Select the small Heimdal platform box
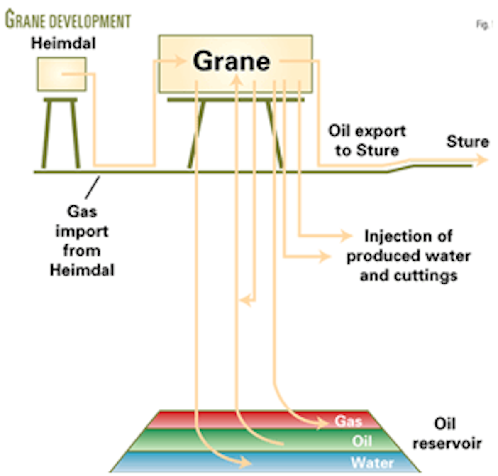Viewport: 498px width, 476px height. tap(62, 74)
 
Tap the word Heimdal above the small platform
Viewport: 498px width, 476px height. tap(63, 43)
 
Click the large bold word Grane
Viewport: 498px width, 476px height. tap(231, 62)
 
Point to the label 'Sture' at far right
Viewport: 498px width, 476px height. tap(467, 142)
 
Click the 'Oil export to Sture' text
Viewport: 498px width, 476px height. tap(367, 141)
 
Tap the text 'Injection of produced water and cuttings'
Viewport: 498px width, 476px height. tap(409, 256)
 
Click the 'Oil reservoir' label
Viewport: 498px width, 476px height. tap(447, 434)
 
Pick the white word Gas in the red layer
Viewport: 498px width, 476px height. tap(349, 421)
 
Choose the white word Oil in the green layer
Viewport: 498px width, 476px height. tap(362, 441)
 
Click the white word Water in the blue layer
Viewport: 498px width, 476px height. tap(372, 463)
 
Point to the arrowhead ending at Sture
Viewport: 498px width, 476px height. tap(483, 160)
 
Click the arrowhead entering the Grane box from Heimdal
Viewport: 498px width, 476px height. tap(180, 62)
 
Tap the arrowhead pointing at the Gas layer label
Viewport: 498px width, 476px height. tap(323, 424)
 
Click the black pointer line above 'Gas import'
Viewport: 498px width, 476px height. tap(93, 187)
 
